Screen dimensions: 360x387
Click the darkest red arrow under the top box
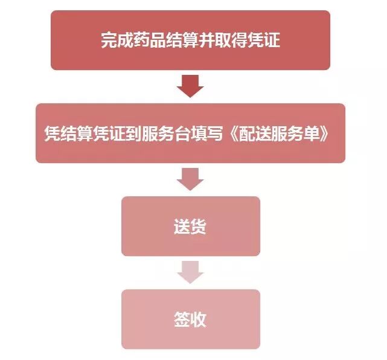190,86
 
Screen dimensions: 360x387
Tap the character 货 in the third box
199,227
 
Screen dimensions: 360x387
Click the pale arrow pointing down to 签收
190,272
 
